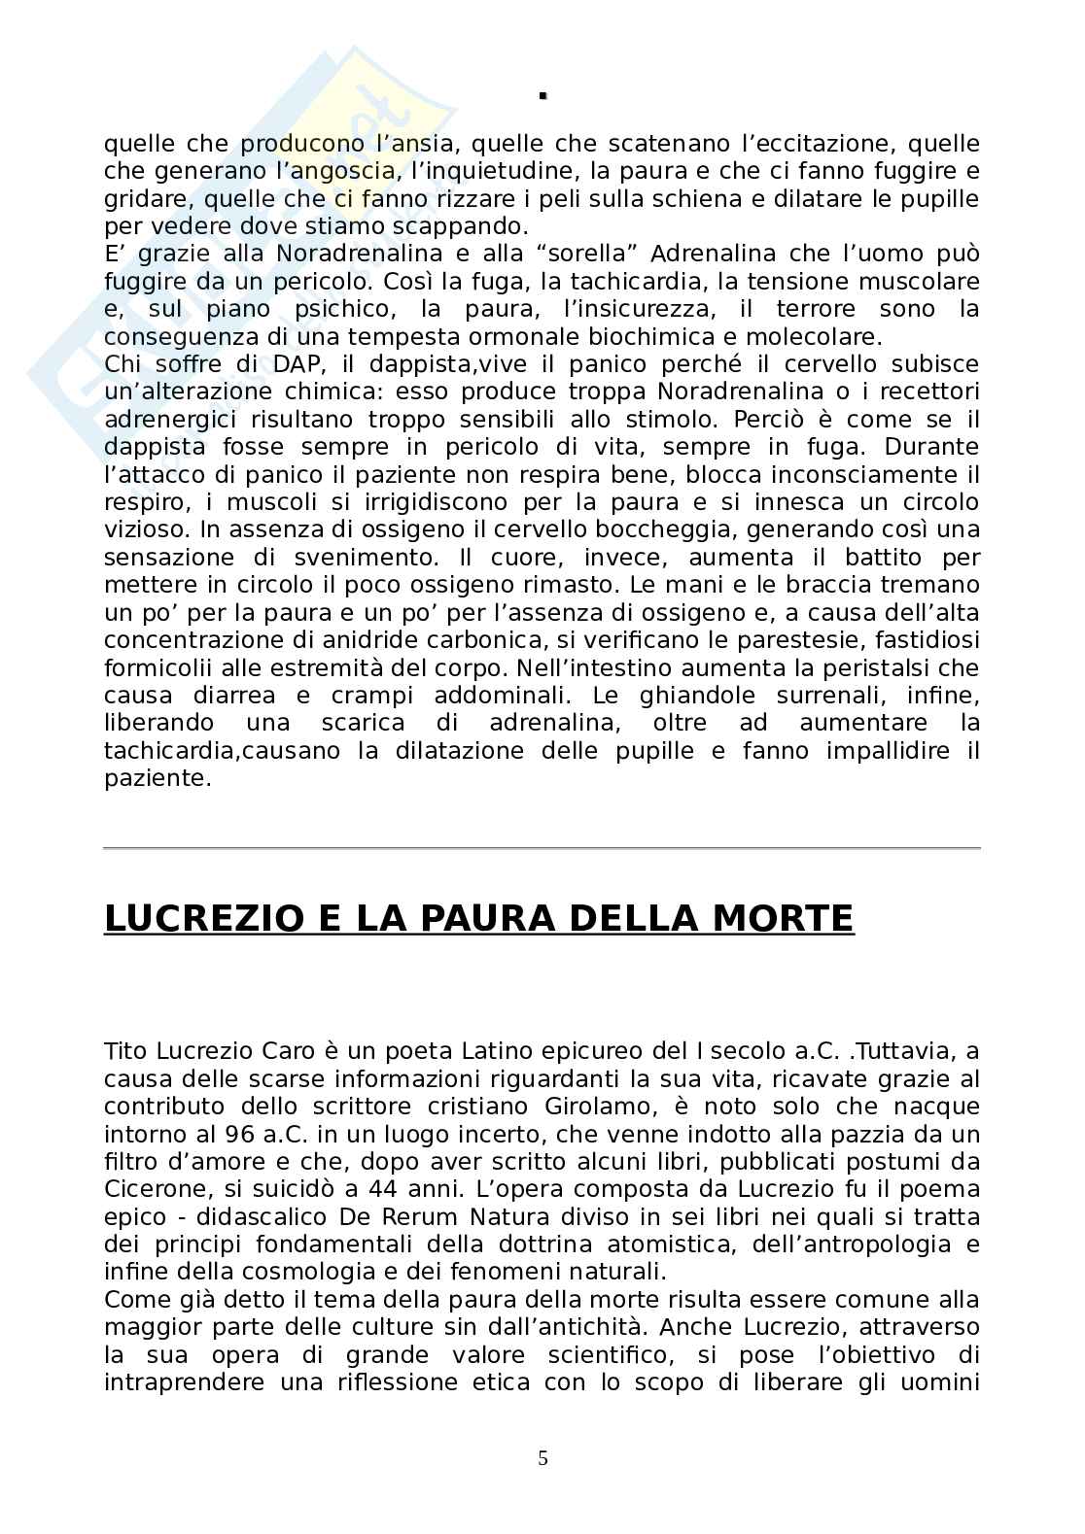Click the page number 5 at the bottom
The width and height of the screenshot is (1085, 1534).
(x=542, y=1457)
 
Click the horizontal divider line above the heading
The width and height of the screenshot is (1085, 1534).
(x=542, y=848)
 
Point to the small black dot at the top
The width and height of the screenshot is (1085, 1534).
(x=543, y=95)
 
